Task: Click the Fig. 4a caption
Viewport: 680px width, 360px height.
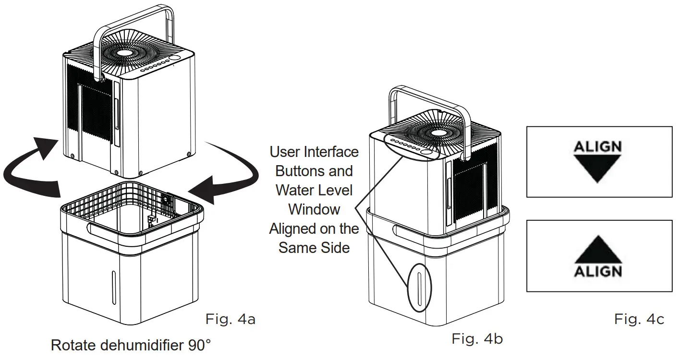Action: point(230,319)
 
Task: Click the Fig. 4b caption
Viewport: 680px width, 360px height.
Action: point(477,339)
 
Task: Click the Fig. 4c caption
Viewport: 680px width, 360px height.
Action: point(639,319)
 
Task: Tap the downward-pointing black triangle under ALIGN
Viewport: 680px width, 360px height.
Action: point(598,168)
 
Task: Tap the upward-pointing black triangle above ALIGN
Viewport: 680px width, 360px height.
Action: point(598,250)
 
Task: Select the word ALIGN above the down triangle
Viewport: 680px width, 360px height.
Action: point(598,146)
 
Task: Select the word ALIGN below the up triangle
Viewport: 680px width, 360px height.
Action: point(598,271)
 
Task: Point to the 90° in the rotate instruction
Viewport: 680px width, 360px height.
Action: point(199,346)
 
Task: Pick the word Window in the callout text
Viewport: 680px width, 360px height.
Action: point(314,209)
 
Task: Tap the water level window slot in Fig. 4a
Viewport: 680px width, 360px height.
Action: point(113,285)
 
